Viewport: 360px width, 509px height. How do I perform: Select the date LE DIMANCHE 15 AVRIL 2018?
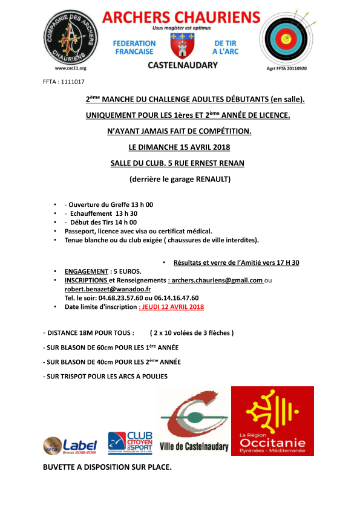pyautogui.click(x=180, y=147)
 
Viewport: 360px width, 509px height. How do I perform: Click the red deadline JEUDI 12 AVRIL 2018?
pyautogui.click(x=171, y=306)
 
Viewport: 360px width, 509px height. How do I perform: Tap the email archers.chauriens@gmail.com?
pyautogui.click(x=217, y=280)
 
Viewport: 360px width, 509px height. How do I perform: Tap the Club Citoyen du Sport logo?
pyautogui.click(x=129, y=443)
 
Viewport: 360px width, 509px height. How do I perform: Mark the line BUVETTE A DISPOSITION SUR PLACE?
pyautogui.click(x=107, y=467)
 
